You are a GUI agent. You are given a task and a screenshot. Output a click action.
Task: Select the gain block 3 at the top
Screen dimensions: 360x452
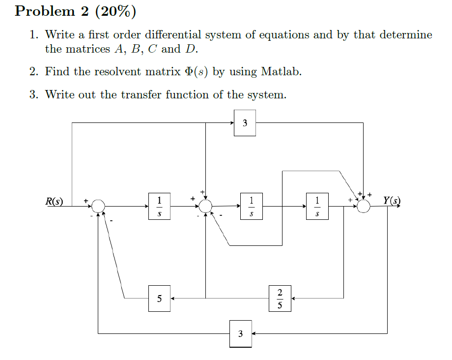point(245,123)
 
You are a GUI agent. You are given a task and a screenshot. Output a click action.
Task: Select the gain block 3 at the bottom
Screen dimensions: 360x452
point(240,333)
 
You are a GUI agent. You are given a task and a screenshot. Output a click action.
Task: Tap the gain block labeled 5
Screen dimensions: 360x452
point(159,298)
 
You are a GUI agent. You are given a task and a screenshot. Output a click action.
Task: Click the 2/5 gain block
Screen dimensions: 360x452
point(280,298)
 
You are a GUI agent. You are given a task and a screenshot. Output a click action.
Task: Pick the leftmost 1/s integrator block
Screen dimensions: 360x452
point(159,207)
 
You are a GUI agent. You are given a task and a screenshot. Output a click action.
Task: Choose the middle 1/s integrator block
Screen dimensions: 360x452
point(251,207)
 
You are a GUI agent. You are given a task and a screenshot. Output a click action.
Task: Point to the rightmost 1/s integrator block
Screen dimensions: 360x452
point(317,207)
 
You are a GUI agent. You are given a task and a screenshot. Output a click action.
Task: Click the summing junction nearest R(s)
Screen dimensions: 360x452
point(98,207)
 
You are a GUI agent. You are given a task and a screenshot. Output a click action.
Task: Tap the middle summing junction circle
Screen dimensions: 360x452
point(206,207)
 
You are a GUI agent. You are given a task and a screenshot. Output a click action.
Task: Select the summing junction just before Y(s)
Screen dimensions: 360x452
point(364,207)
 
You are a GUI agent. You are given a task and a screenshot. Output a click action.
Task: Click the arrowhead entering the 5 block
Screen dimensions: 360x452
point(173,298)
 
